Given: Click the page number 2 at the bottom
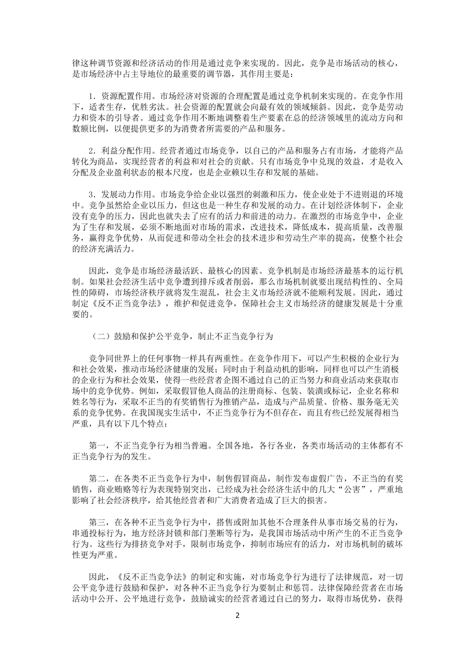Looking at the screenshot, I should coord(237,615).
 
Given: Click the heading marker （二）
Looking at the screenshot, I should coord(101,336).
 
